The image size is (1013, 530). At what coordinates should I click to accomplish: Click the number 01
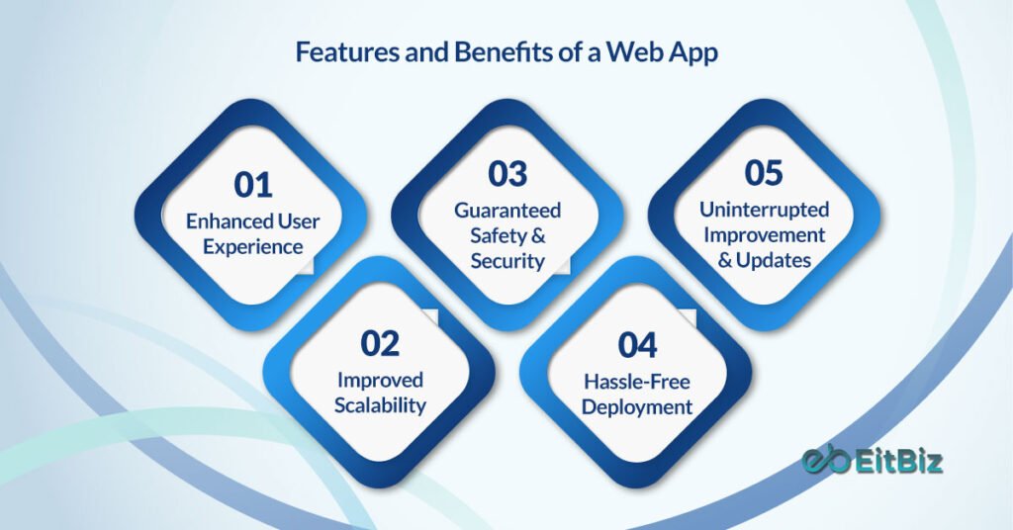point(253,185)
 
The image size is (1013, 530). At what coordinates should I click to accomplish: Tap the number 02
point(380,343)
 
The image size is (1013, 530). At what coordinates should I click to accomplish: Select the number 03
point(507,174)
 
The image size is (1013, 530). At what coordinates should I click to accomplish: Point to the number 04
point(637,345)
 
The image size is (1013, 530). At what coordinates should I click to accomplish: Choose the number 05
point(764,173)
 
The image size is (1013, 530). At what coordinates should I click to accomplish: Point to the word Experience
point(253,246)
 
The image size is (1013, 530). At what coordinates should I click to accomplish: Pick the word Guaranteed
point(507,210)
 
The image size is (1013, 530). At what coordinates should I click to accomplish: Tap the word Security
point(507,261)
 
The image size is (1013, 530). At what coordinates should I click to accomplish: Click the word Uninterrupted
point(764,210)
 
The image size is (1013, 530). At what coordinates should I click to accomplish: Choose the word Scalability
point(380,405)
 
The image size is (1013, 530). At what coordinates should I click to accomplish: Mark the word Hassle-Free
point(637,381)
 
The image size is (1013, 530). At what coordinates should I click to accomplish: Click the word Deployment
point(637,406)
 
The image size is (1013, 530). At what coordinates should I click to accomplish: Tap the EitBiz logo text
point(899,462)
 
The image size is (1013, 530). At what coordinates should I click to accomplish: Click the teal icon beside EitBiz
point(825,462)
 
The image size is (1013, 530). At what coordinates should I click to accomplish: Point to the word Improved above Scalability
point(380,380)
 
